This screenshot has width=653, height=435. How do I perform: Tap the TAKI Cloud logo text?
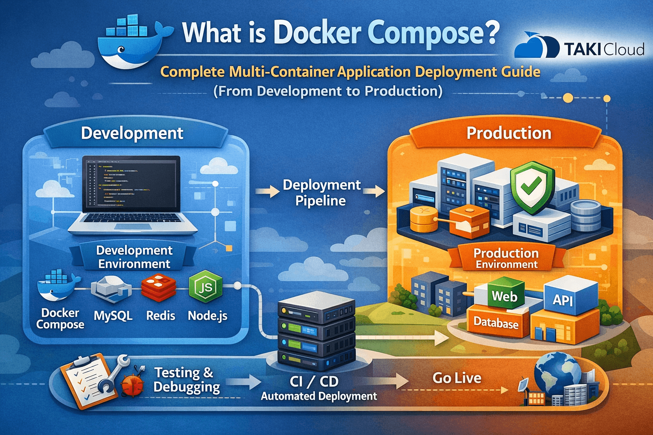click(604, 49)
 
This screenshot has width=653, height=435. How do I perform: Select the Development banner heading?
click(132, 133)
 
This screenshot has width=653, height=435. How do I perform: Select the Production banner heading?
click(509, 133)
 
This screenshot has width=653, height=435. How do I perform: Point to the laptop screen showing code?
click(131, 184)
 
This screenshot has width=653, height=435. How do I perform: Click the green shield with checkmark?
click(531, 187)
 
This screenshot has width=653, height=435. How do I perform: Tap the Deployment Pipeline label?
click(321, 192)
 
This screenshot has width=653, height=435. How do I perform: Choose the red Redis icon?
click(159, 288)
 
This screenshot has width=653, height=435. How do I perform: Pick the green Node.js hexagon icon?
click(205, 288)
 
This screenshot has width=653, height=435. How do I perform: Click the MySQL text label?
click(113, 316)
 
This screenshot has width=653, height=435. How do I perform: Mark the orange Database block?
click(496, 323)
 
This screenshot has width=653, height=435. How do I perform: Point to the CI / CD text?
click(314, 381)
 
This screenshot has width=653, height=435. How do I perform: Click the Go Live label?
click(457, 378)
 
